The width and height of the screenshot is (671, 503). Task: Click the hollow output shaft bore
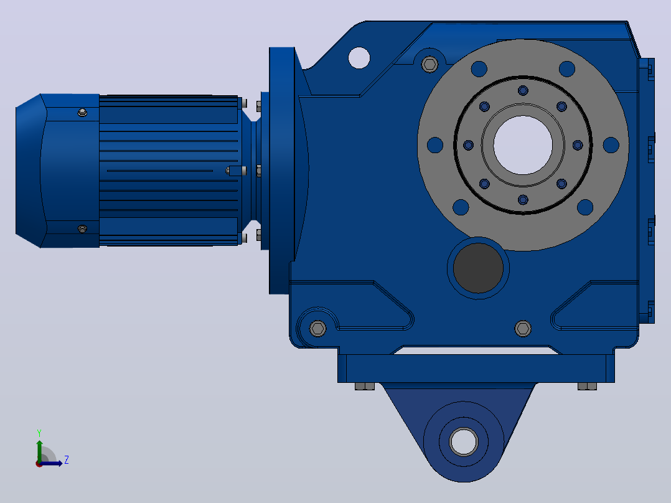pyautogui.click(x=522, y=145)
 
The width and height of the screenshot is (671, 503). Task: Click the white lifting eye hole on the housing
pyautogui.click(x=359, y=58)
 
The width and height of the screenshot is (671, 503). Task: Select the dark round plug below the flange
pyautogui.click(x=478, y=268)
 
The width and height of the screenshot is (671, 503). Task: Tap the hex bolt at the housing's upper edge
pyautogui.click(x=429, y=64)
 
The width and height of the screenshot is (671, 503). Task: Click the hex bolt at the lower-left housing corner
pyautogui.click(x=317, y=328)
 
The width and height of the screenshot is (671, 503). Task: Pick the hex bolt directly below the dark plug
pyautogui.click(x=522, y=328)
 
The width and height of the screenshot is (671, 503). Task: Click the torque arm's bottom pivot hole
pyautogui.click(x=464, y=441)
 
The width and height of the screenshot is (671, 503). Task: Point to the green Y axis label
pyautogui.click(x=39, y=433)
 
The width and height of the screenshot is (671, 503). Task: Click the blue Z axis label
pyautogui.click(x=67, y=460)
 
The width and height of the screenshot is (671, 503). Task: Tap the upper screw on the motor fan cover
pyautogui.click(x=83, y=113)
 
